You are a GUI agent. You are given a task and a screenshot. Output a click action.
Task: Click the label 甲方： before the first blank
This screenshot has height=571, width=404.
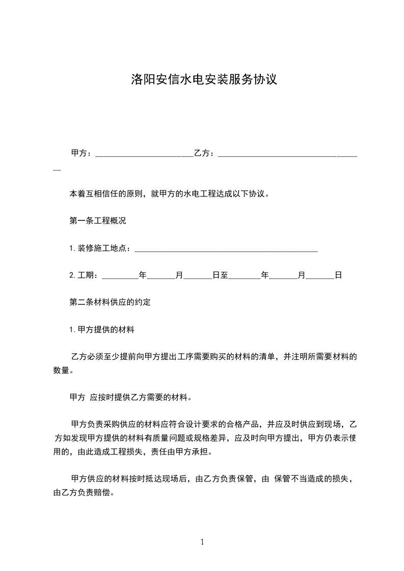[x=82, y=153]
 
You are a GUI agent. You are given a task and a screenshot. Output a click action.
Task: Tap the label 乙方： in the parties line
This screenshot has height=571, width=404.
[x=206, y=153]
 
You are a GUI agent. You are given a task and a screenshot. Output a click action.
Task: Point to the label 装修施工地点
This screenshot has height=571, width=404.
[x=102, y=248]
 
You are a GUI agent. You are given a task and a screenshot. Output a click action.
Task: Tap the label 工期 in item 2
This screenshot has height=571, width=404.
[x=86, y=275]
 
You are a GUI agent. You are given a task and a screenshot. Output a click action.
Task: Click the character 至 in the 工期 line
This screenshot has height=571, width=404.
[x=224, y=275]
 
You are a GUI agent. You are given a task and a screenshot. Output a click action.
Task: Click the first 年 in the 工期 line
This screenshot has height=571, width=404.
[x=143, y=275]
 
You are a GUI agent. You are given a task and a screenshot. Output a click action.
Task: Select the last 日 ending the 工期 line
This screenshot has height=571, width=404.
[x=338, y=275]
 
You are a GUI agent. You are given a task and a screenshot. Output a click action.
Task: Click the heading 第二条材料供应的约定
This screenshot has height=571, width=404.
[x=110, y=302]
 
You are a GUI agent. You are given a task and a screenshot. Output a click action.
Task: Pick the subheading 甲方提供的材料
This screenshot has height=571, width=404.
[x=106, y=329]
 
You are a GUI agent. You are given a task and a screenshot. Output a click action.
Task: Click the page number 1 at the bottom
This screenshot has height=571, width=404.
[x=202, y=542]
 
